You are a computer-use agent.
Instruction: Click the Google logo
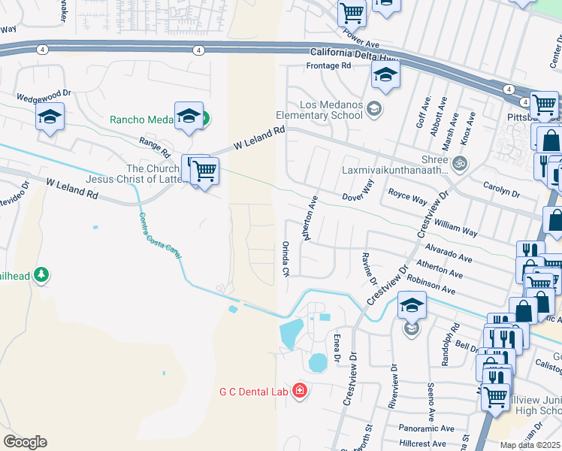25,442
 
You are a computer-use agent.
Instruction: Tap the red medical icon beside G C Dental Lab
300,391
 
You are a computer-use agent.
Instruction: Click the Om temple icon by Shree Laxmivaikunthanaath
459,162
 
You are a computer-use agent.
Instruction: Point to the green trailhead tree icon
43,275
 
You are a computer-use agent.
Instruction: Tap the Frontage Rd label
329,66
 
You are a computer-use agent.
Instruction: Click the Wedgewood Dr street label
44,97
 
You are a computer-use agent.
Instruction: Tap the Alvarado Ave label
447,250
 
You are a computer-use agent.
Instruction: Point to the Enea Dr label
337,347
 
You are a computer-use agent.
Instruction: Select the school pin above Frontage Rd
385,74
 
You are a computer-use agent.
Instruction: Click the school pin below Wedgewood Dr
50,117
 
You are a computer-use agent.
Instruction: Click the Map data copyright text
530,445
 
